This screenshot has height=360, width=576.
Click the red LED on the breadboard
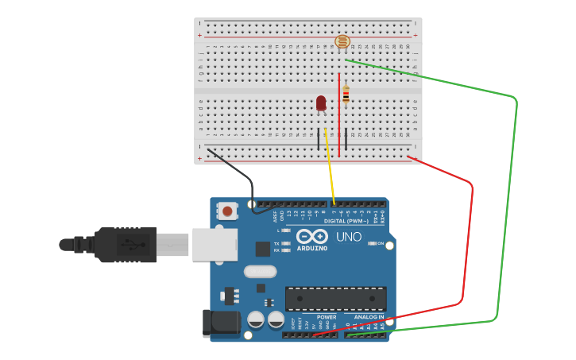pyautogui.click(x=321, y=103)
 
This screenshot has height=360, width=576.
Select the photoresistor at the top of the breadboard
pyautogui.click(x=342, y=42)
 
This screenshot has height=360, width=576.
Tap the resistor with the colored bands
pyautogui.click(x=346, y=95)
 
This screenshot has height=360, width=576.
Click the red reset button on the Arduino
pyautogui.click(x=228, y=211)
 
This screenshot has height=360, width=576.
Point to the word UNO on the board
pyautogui.click(x=348, y=237)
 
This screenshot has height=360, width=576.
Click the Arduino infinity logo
pyautogui.click(x=312, y=236)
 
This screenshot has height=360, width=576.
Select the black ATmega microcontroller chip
pyautogui.click(x=335, y=299)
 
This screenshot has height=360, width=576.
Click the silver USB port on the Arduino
pyautogui.click(x=214, y=244)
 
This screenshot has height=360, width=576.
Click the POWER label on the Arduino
pyautogui.click(x=327, y=316)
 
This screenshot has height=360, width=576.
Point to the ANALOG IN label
pyautogui.click(x=369, y=316)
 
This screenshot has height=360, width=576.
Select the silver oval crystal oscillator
pyautogui.click(x=260, y=272)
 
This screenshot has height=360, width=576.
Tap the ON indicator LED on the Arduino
pyautogui.click(x=372, y=243)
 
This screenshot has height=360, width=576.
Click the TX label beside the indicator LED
pyautogui.click(x=276, y=243)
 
